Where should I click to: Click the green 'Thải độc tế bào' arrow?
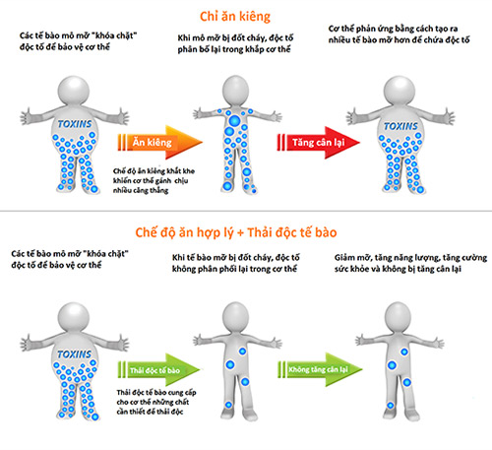[162, 369]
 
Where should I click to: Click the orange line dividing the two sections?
[245, 213]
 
